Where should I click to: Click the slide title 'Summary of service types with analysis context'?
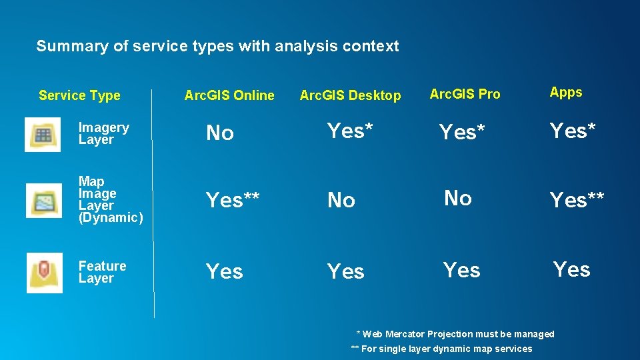217,46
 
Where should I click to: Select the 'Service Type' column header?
79,95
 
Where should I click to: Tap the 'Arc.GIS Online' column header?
229,95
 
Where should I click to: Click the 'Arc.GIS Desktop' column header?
350,96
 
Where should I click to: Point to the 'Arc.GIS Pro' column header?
465,94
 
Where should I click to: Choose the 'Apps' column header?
565,93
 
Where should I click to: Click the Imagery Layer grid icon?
43,134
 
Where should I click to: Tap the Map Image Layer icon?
44,200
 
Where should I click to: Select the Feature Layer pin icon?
44,273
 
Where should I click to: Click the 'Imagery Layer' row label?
103,133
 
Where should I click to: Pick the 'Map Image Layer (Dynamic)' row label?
110,199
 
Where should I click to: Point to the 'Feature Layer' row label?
102,272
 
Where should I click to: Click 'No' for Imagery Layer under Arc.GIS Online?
219,133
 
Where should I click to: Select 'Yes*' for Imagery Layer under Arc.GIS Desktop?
349,131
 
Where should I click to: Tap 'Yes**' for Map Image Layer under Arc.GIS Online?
233,199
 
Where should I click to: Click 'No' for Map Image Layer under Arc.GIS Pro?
457,198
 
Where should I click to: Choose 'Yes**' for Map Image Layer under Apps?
577,199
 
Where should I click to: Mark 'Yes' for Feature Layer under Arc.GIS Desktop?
345,271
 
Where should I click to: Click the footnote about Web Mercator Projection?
455,334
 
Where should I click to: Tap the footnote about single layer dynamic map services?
441,349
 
